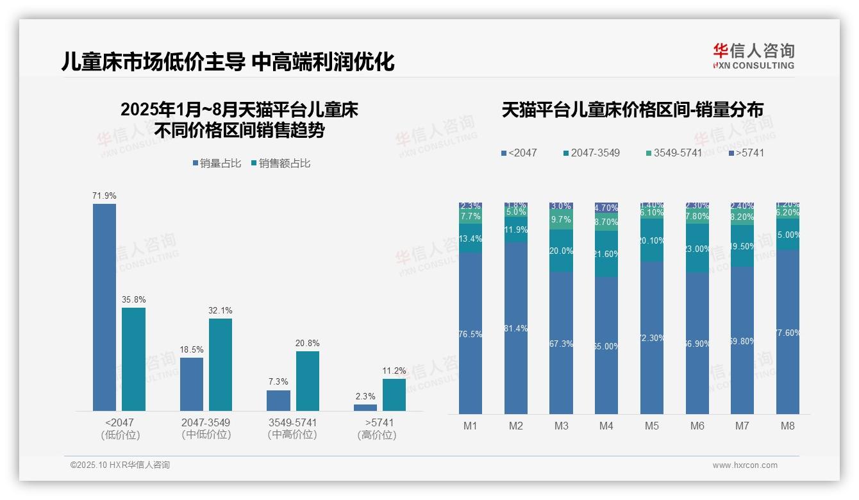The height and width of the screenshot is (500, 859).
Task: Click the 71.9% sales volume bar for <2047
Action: tap(104, 307)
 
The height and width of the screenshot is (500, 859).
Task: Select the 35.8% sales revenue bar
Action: tap(133, 359)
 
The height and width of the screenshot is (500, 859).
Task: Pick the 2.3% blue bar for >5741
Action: tap(365, 407)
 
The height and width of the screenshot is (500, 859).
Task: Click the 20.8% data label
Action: tap(308, 344)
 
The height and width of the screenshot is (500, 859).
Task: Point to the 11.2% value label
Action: tap(394, 371)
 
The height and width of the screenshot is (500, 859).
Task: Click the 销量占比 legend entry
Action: tap(217, 163)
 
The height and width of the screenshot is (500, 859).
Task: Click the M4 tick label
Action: tap(606, 426)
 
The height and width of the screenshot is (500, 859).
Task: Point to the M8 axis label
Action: tap(788, 426)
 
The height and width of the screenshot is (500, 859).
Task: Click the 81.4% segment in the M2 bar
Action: tap(516, 328)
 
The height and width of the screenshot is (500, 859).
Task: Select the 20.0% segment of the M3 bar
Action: tap(561, 251)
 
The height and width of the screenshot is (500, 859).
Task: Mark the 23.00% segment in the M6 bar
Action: tap(697, 249)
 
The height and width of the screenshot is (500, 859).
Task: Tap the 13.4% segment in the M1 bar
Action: tap(471, 238)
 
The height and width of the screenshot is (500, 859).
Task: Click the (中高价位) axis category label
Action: tap(292, 435)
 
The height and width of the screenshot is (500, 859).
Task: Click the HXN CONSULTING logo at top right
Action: tap(753, 56)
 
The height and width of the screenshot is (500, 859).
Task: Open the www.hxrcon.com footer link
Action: tap(745, 465)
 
